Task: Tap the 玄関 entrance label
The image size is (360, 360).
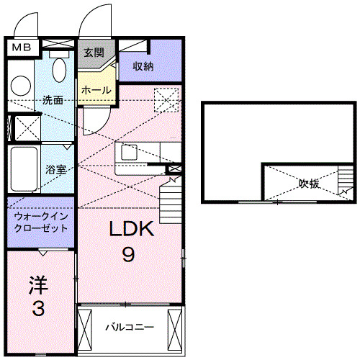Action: (94, 53)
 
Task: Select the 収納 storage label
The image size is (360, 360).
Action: (144, 66)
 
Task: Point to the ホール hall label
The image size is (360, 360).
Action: (96, 90)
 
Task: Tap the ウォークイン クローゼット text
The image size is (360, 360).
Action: (40, 222)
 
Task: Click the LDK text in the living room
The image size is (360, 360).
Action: (131, 230)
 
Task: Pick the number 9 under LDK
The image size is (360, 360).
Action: (129, 254)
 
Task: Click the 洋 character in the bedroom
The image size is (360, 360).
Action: (38, 285)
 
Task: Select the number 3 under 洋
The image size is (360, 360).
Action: (38, 310)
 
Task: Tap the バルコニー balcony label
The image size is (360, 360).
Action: (129, 327)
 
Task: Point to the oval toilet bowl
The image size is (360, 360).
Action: (60, 69)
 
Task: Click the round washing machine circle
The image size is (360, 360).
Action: (20, 85)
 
